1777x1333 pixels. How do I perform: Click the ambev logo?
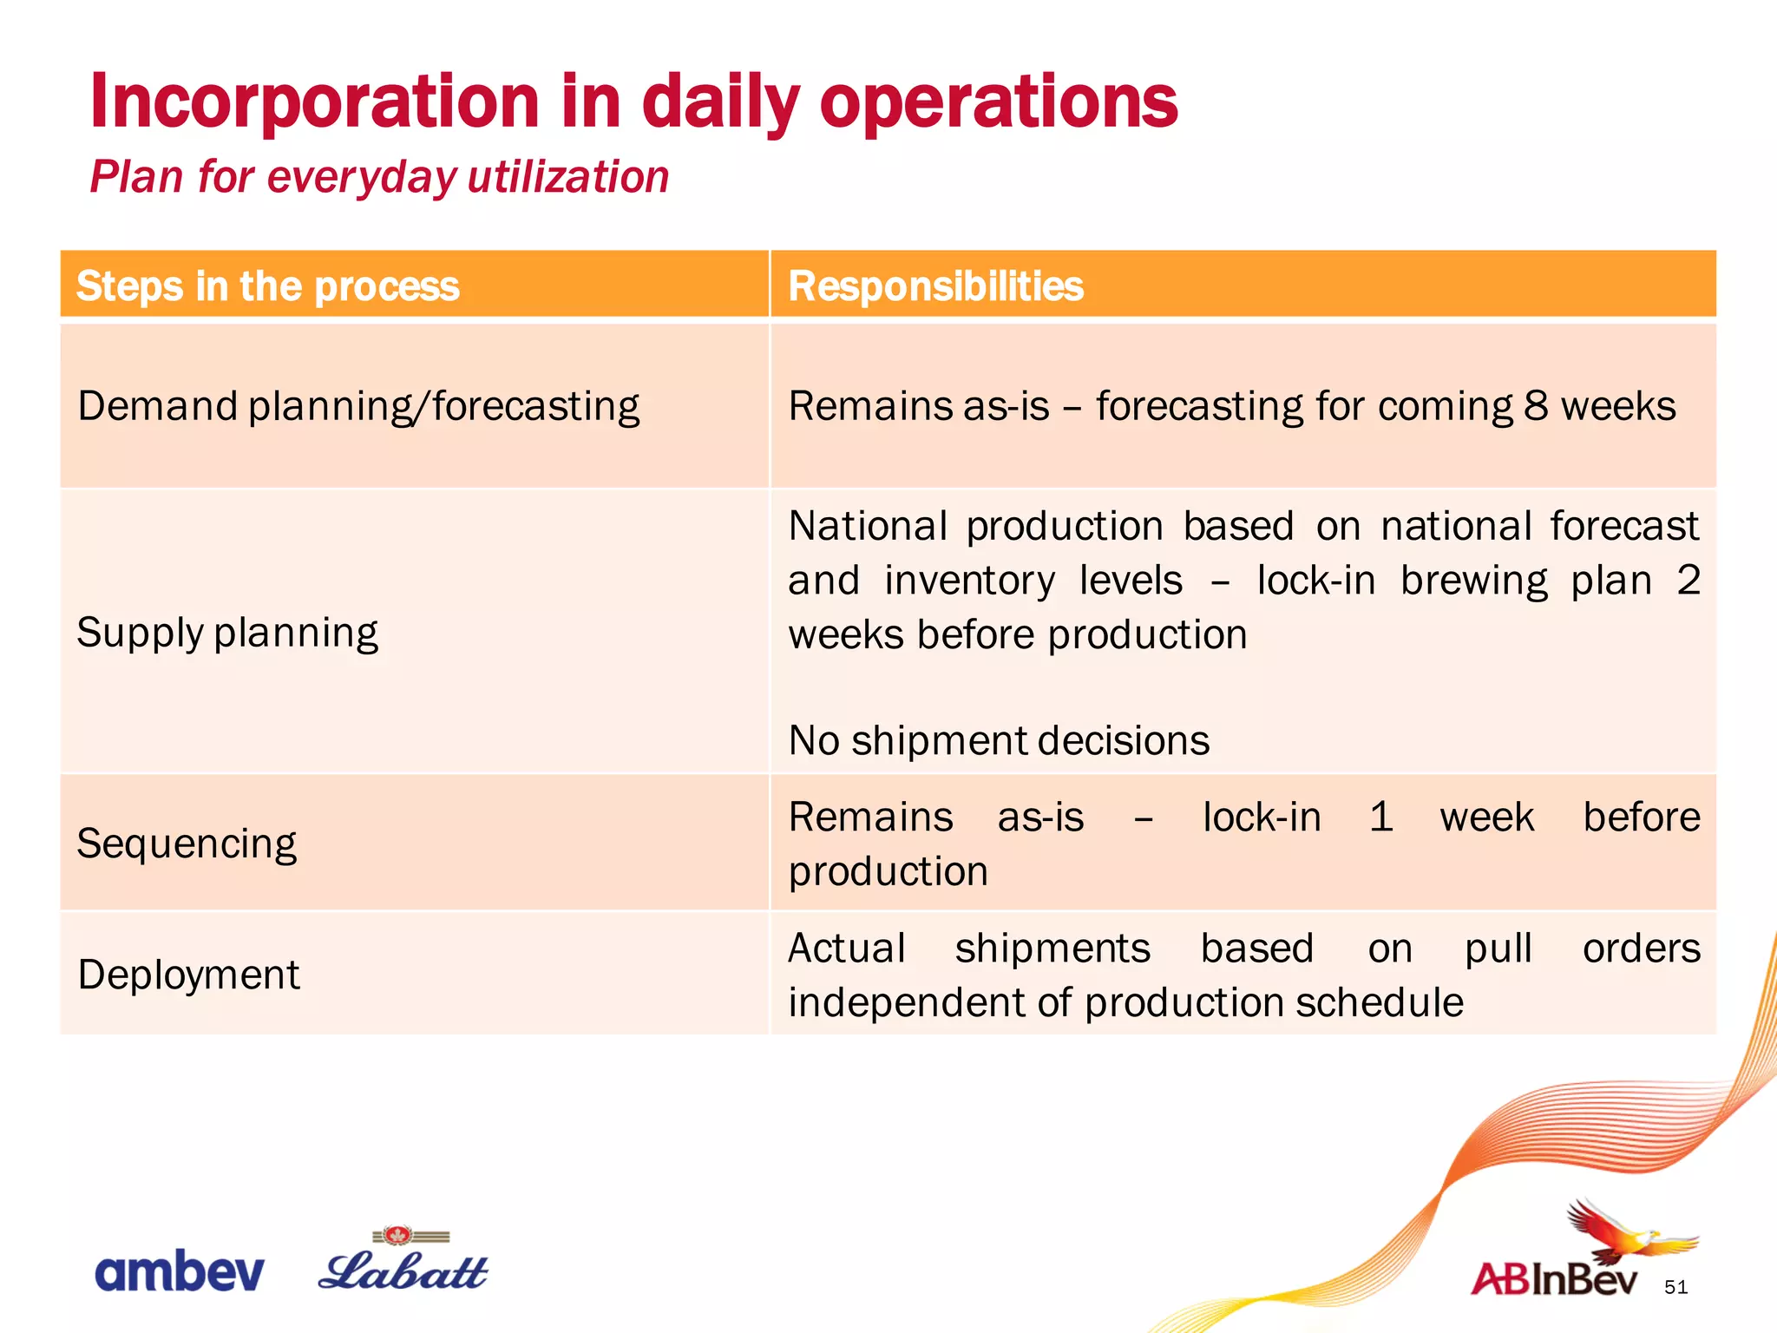point(179,1273)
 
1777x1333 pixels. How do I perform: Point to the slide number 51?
point(1675,1287)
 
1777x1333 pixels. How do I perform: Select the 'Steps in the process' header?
point(267,286)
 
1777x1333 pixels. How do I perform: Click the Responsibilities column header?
point(935,286)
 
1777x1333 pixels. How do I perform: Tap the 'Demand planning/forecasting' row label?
point(358,406)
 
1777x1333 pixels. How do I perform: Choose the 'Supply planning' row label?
point(227,632)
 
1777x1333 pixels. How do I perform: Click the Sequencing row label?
point(187,844)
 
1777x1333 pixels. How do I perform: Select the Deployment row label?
point(188,975)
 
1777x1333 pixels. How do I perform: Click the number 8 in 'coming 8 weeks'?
point(1535,406)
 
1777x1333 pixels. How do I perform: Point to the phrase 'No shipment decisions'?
point(999,741)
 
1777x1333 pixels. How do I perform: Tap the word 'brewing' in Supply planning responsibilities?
point(1473,581)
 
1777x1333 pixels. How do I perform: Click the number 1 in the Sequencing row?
point(1380,818)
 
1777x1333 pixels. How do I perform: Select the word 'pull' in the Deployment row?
point(1498,949)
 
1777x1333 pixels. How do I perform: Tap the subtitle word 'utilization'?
point(568,177)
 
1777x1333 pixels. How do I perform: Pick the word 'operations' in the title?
point(998,102)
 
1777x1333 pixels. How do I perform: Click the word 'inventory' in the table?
point(969,581)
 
